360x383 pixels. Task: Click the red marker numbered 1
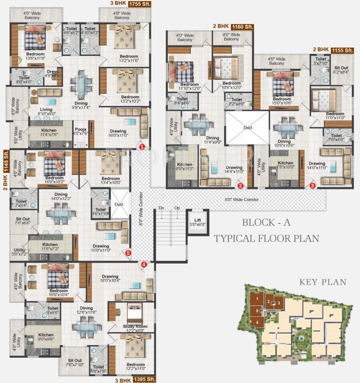(141, 147)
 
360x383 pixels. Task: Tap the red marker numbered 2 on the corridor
(240, 186)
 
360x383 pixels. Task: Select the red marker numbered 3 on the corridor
(313, 186)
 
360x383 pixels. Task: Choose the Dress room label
(52, 73)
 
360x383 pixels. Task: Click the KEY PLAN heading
(323, 282)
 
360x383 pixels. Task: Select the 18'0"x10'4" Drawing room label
(110, 279)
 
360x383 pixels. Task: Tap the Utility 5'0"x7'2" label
(19, 252)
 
